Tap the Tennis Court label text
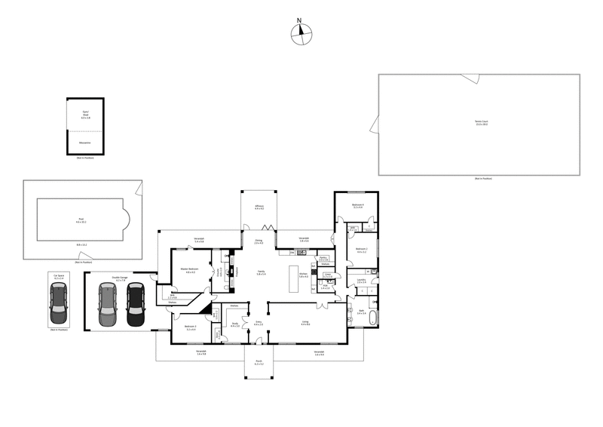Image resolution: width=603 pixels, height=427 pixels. point(482,123)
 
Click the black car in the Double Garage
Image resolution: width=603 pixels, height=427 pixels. point(135,305)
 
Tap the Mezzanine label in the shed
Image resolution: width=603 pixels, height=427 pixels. point(85,141)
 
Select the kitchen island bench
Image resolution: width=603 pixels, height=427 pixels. point(294,278)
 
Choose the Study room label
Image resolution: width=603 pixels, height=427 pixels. point(234,325)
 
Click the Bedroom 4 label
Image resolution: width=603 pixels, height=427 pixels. point(358,205)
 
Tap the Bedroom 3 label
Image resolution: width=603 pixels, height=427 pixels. point(190,327)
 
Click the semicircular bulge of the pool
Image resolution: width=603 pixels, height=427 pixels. point(126,220)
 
